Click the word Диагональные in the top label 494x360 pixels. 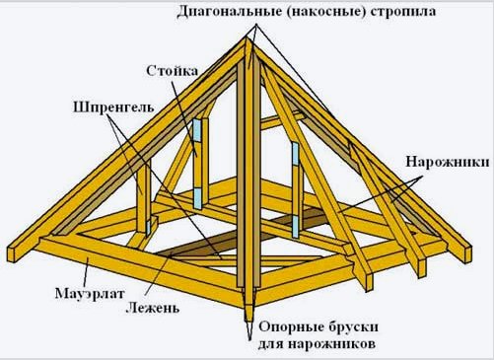(x=228, y=13)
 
